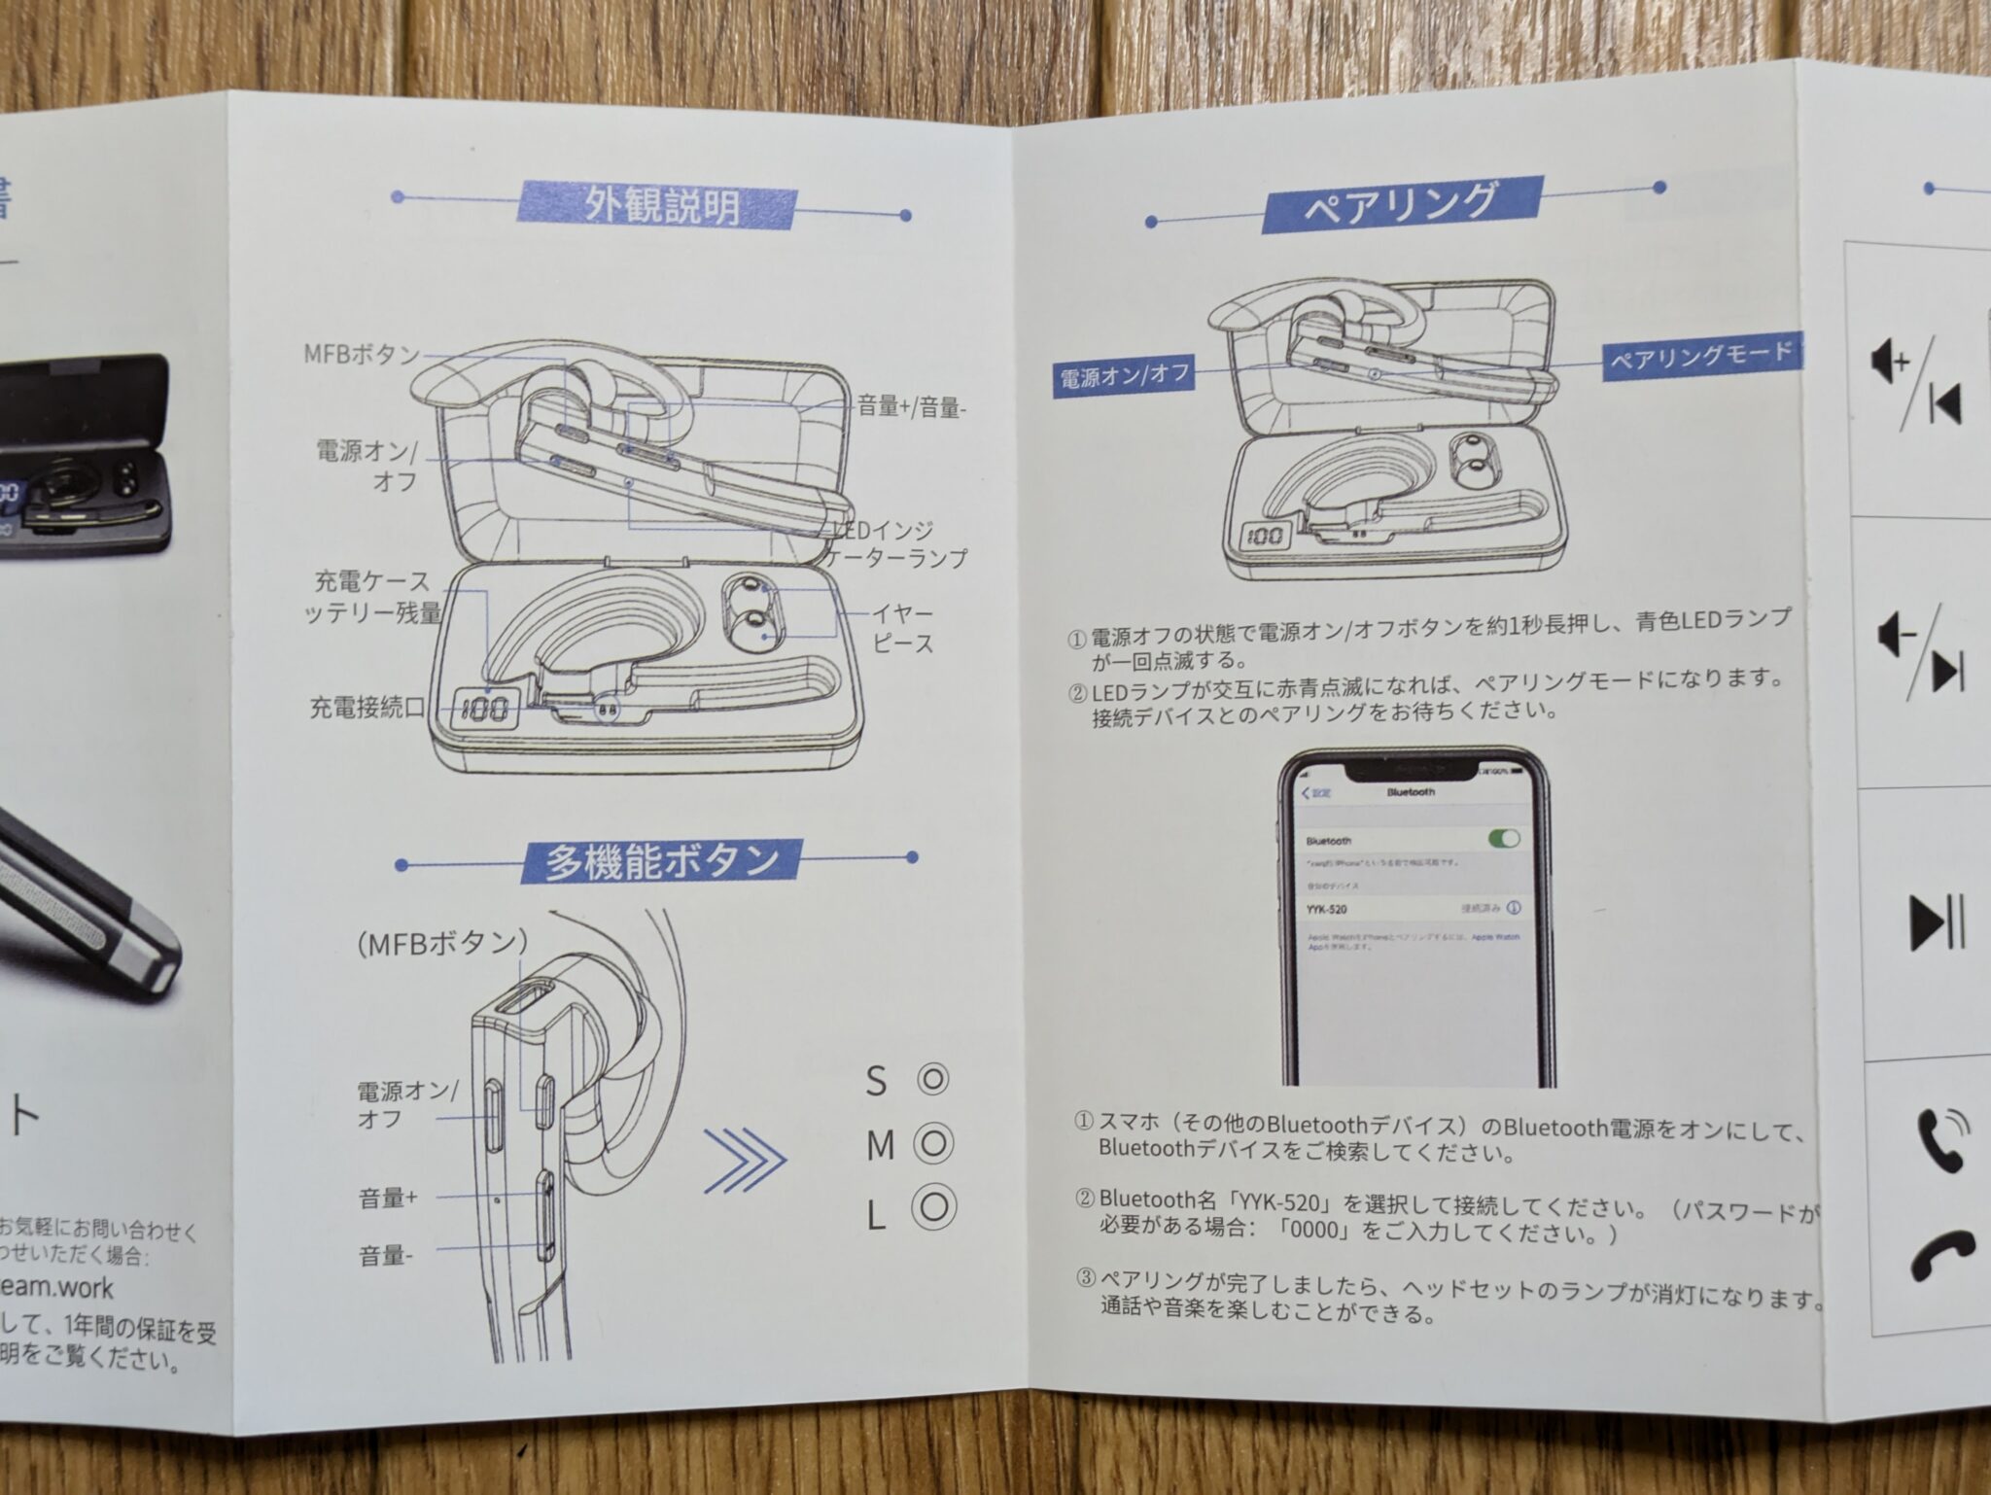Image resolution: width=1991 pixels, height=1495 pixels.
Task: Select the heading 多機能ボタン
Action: coord(661,861)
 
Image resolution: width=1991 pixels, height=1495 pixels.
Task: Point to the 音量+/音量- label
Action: coord(911,407)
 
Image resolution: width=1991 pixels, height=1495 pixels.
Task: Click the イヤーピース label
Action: coord(902,629)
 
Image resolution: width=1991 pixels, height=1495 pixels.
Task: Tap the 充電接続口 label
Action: coord(367,708)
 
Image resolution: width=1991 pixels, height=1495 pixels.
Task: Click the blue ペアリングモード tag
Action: coord(1700,356)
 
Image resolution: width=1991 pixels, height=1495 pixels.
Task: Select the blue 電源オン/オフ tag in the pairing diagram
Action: coord(1124,376)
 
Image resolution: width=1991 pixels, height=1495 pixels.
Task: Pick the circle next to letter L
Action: coord(933,1206)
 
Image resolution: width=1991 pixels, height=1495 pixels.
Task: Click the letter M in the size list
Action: coord(880,1146)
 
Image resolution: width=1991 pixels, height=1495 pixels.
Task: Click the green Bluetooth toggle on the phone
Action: coord(1502,839)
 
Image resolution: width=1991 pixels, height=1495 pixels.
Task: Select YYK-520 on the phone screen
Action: coord(1326,910)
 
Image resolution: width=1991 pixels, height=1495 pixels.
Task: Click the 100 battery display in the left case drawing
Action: coord(484,709)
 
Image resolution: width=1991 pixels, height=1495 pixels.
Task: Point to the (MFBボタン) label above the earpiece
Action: coord(442,943)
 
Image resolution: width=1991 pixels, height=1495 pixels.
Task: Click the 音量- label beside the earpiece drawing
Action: coord(385,1256)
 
